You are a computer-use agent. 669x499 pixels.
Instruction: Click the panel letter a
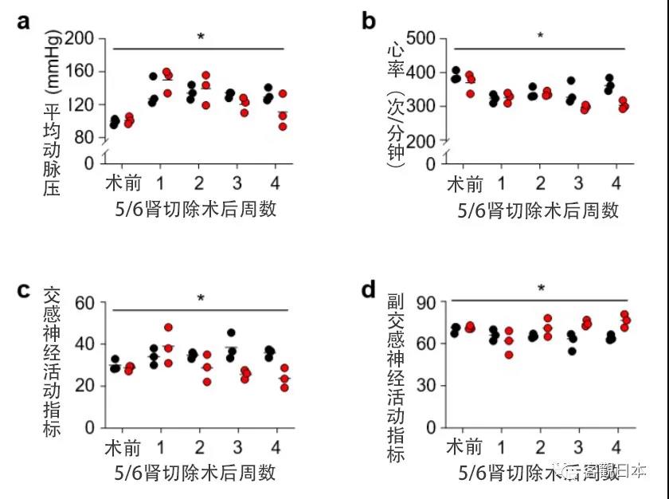pyautogui.click(x=24, y=22)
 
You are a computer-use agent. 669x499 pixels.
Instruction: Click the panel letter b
pyautogui.click(x=369, y=22)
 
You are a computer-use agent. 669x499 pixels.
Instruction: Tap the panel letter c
pyautogui.click(x=24, y=289)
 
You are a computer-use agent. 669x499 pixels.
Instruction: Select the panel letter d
pyautogui.click(x=369, y=289)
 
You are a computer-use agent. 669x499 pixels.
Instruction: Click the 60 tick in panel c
pyautogui.click(x=85, y=303)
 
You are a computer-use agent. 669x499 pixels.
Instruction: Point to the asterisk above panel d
pyautogui.click(x=542, y=289)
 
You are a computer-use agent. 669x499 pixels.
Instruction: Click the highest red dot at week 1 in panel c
pyautogui.click(x=168, y=328)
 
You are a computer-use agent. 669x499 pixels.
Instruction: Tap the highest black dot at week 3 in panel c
pyautogui.click(x=231, y=332)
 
